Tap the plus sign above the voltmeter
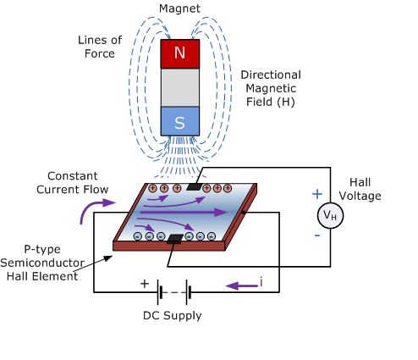pos(318,192)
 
